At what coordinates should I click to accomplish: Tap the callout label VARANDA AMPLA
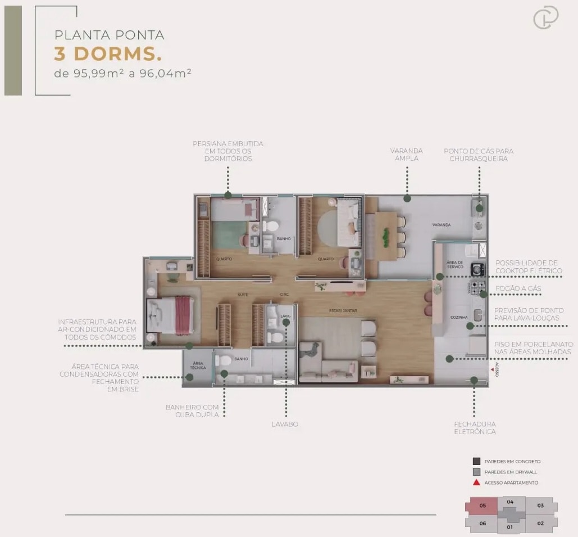point(407,155)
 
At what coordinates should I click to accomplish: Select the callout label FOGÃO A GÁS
point(518,288)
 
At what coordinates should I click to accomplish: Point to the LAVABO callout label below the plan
point(285,424)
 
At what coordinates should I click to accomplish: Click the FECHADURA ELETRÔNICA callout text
point(475,427)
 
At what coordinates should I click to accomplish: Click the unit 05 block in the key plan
point(483,506)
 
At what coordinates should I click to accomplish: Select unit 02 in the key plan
point(540,524)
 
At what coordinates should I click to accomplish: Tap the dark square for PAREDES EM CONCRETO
point(476,461)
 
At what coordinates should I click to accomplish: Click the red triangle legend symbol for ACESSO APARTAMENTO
point(476,482)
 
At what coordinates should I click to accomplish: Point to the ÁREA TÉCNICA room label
point(198,365)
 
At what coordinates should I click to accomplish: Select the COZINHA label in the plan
point(458,317)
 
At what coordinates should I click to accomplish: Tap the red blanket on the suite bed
point(184,315)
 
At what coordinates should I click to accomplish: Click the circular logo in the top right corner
point(545,17)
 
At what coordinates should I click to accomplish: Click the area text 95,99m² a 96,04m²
point(123,73)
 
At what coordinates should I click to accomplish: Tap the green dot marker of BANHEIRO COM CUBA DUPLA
point(224,373)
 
